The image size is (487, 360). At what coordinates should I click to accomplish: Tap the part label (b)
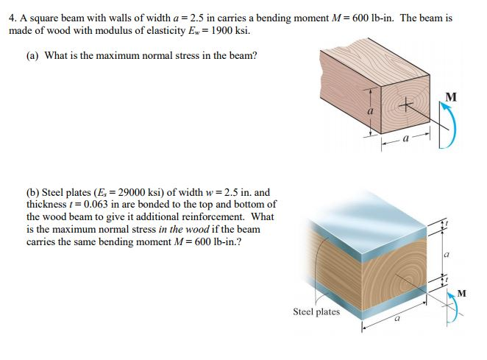34,193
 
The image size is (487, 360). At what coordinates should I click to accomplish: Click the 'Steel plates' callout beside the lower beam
316,311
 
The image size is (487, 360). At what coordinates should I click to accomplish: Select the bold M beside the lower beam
461,294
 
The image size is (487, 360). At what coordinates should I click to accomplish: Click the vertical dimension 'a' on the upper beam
372,110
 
